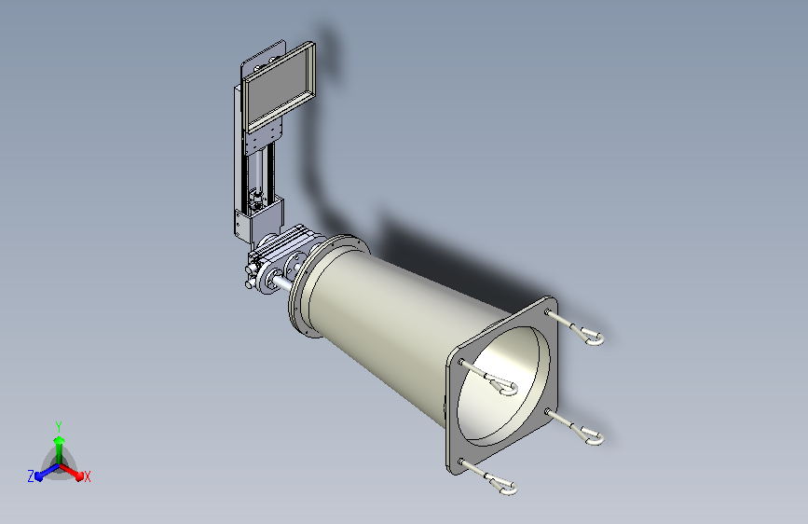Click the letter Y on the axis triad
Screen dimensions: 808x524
coord(59,426)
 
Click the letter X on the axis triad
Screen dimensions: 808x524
coord(87,476)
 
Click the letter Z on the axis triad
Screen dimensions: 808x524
coord(31,476)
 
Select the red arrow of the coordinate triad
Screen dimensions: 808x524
coord(72,472)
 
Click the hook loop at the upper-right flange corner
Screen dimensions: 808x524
coord(591,337)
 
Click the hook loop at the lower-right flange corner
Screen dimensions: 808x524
coord(591,437)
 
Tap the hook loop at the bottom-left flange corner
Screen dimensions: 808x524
coord(504,486)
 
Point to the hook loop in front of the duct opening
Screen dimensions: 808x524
coord(504,386)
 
